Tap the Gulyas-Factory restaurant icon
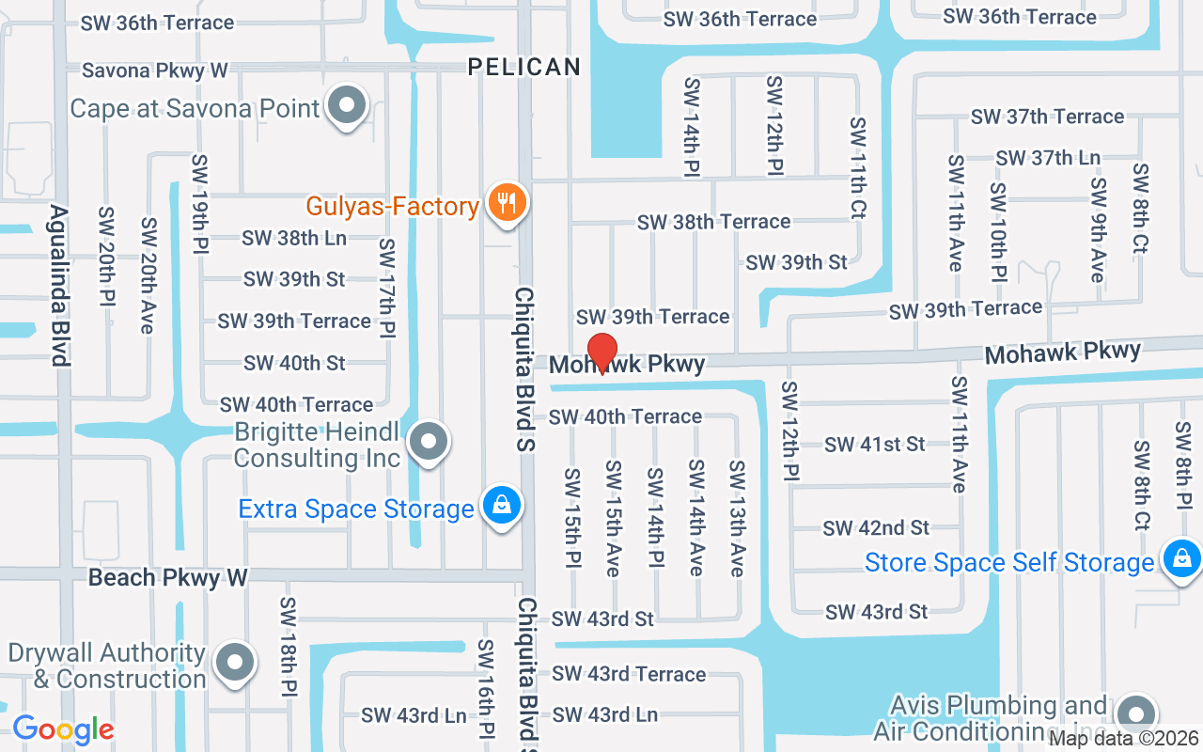click(x=508, y=203)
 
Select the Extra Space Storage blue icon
click(x=502, y=506)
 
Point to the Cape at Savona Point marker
click(x=347, y=106)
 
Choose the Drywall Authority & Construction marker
click(x=234, y=663)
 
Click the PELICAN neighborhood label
click(x=524, y=67)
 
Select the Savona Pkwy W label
click(x=155, y=70)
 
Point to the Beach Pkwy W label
click(x=167, y=577)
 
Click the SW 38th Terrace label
click(x=713, y=222)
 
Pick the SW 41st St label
click(x=875, y=445)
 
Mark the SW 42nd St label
click(x=876, y=528)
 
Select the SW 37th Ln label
click(x=1048, y=158)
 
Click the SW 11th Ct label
click(x=856, y=168)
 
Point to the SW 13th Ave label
click(x=737, y=518)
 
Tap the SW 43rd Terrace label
click(x=629, y=674)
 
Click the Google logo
click(x=63, y=729)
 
